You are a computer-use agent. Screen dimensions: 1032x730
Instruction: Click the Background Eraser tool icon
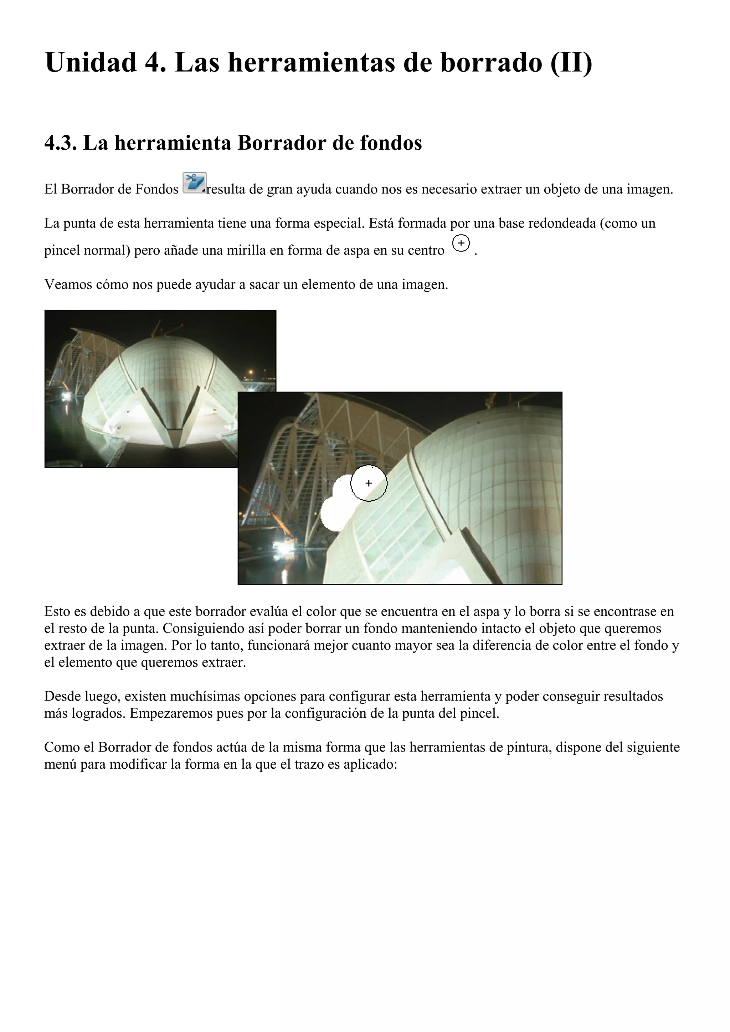pos(194,183)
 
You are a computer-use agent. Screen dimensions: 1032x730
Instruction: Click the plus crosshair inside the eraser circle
pos(369,483)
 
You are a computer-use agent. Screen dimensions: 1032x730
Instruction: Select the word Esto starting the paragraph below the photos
pos(57,612)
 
